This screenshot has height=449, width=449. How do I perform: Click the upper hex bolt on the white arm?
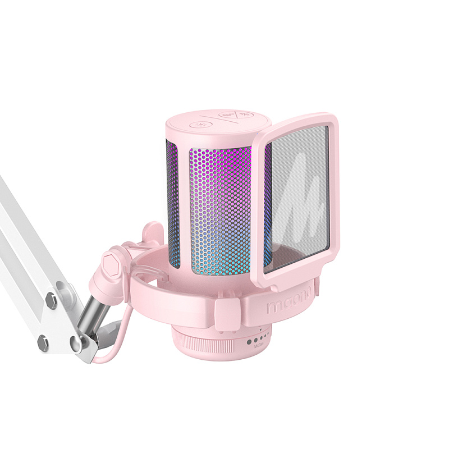pyautogui.click(x=51, y=301)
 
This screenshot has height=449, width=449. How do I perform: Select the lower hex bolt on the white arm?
pyautogui.click(x=42, y=341)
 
